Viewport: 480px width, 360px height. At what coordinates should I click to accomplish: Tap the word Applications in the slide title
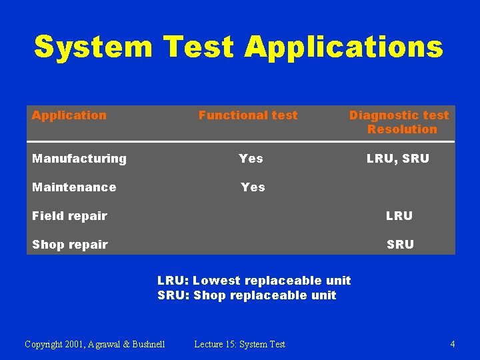pos(343,47)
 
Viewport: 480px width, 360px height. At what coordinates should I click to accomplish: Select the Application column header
pos(69,115)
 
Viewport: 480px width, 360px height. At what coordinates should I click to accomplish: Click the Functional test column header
pos(248,115)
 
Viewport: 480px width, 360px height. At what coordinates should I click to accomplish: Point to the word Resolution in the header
pos(402,129)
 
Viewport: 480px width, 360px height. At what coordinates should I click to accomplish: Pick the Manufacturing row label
pos(79,159)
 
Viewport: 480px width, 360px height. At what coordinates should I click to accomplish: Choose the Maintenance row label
pos(74,187)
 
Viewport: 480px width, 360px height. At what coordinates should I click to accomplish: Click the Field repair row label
pos(69,216)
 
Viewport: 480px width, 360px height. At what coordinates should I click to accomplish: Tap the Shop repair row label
pos(70,245)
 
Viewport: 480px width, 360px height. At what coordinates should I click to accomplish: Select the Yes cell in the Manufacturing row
pos(251,159)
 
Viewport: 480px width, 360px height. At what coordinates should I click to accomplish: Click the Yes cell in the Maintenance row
pos(253,187)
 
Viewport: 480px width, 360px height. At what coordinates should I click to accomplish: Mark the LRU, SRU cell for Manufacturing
pos(398,159)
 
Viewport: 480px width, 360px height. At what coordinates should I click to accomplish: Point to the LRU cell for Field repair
pos(399,216)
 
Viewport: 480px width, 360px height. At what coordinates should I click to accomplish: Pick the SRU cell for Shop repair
pos(400,245)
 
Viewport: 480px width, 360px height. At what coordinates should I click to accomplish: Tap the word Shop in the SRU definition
pos(209,295)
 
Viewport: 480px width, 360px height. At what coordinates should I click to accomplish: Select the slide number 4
pos(453,345)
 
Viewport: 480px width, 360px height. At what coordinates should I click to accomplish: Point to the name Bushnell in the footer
pos(145,345)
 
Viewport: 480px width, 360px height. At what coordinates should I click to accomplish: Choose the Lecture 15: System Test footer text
pos(239,345)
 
